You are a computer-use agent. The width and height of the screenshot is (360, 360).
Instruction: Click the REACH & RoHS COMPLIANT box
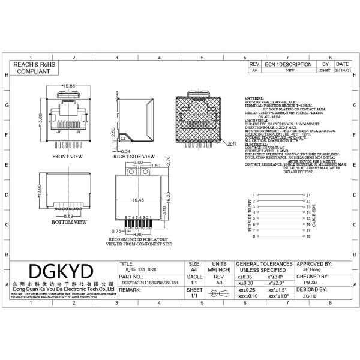point(35,67)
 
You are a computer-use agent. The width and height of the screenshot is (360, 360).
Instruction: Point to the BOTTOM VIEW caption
point(68,221)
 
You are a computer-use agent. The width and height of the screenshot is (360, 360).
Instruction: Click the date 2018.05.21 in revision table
point(343,70)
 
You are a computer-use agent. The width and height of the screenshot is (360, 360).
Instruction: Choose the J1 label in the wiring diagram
point(308,195)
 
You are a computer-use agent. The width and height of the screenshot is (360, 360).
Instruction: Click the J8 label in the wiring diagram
point(308,237)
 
